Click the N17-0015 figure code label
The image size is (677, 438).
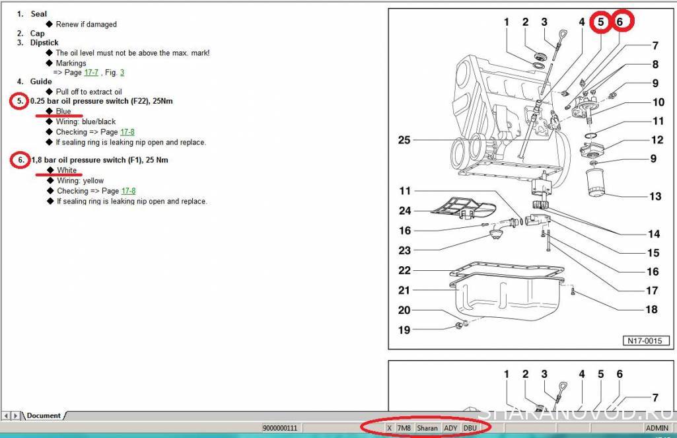(645, 340)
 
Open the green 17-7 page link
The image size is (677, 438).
(91, 73)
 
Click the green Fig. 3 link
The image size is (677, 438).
(122, 73)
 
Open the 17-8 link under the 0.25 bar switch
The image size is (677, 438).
(127, 131)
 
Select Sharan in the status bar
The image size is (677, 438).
(427, 428)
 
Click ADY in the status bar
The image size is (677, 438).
(450, 428)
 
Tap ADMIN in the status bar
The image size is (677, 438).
(657, 428)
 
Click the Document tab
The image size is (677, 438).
(44, 416)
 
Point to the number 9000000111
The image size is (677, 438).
(280, 428)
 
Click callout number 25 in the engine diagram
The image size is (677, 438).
(404, 140)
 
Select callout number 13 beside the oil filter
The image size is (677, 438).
(655, 197)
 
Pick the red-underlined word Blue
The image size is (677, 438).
(63, 111)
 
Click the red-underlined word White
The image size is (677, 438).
(67, 170)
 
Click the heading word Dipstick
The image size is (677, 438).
(44, 43)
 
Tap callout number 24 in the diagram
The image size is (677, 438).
(405, 211)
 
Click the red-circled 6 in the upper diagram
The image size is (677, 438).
(620, 22)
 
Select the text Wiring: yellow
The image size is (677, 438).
(81, 180)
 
